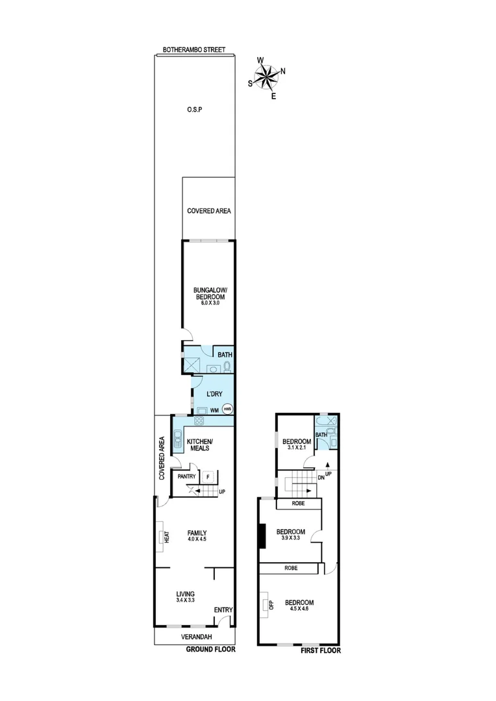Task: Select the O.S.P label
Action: pos(194,110)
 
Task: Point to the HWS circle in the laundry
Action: pos(227,409)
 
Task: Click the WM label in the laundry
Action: pos(214,410)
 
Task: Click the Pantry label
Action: pos(187,476)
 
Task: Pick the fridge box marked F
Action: pos(208,476)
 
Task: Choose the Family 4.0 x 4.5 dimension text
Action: pos(197,540)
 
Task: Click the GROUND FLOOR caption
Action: pos(210,649)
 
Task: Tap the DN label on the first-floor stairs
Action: pos(321,478)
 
